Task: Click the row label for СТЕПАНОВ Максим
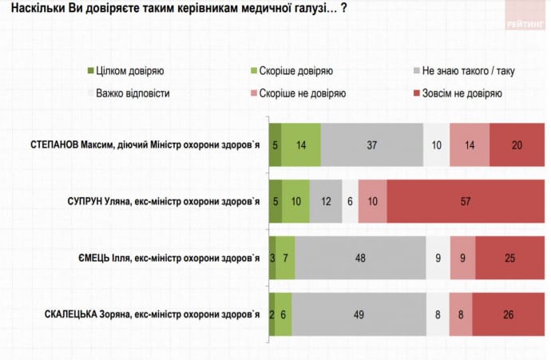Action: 143,144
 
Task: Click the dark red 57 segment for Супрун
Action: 465,201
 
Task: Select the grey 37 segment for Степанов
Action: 371,144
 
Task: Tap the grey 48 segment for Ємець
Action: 360,258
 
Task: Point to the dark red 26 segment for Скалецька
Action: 508,315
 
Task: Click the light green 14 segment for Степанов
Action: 301,144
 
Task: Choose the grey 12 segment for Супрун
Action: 326,201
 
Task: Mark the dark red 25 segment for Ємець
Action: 509,258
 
